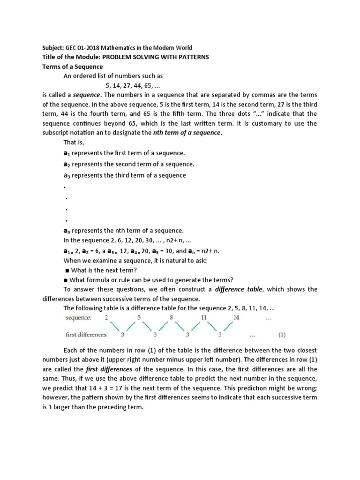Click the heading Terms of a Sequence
(x=69, y=67)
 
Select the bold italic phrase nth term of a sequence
(x=187, y=133)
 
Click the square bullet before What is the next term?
(x=67, y=270)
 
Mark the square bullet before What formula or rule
(x=67, y=280)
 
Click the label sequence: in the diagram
(x=78, y=318)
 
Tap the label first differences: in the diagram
(x=86, y=335)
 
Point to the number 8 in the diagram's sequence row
(x=172, y=317)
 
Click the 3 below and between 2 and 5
(x=122, y=335)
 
